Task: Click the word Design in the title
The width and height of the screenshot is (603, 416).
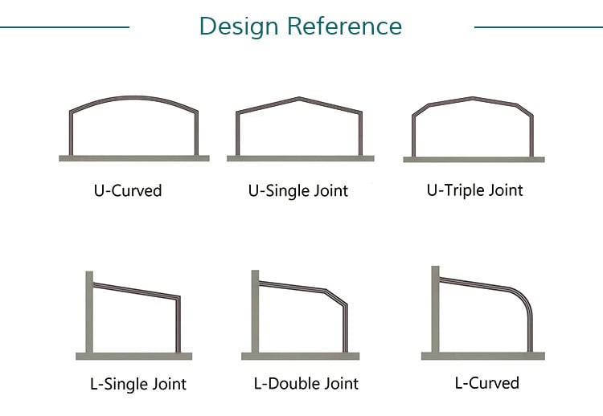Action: pyautogui.click(x=239, y=27)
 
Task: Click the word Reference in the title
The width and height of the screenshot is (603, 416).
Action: pyautogui.click(x=345, y=26)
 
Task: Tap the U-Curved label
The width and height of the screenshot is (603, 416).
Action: pyautogui.click(x=128, y=191)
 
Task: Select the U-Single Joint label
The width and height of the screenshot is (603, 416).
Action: pyautogui.click(x=298, y=191)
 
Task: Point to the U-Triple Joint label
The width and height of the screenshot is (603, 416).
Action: pyautogui.click(x=475, y=190)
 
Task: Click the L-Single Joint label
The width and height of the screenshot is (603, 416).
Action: pyautogui.click(x=138, y=384)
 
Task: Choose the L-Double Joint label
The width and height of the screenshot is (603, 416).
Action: pyautogui.click(x=306, y=383)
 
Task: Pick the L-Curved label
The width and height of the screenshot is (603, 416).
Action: pyautogui.click(x=487, y=383)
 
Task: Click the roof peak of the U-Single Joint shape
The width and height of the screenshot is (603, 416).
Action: pyautogui.click(x=299, y=99)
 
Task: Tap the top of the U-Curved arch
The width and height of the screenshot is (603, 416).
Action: pyautogui.click(x=133, y=97)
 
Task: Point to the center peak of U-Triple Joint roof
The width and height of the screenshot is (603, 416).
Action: pyautogui.click(x=473, y=98)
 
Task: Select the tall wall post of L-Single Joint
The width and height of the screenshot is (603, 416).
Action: pyautogui.click(x=89, y=312)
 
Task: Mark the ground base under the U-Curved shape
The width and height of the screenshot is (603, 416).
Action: pyautogui.click(x=134, y=158)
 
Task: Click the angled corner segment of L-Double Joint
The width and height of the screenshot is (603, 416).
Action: pyautogui.click(x=336, y=297)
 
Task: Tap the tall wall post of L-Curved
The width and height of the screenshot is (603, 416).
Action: pyautogui.click(x=435, y=309)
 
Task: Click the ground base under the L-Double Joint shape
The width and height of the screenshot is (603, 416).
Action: pyautogui.click(x=301, y=356)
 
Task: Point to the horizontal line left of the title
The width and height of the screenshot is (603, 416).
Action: pyautogui.click(x=64, y=27)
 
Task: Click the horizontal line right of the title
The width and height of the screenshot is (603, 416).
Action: pyautogui.click(x=539, y=27)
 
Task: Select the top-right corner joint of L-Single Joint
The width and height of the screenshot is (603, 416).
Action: pyautogui.click(x=178, y=297)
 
